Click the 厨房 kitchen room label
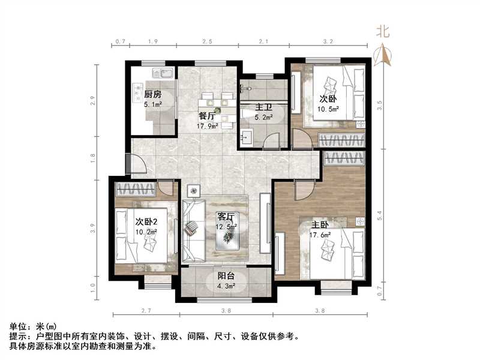coord(153,94)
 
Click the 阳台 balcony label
coord(226,277)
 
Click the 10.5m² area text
coord(329,109)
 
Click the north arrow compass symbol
coord(382,55)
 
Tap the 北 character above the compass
coord(382,32)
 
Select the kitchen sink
coord(163,74)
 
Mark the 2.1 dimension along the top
coord(263,41)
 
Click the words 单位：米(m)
coord(34,326)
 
